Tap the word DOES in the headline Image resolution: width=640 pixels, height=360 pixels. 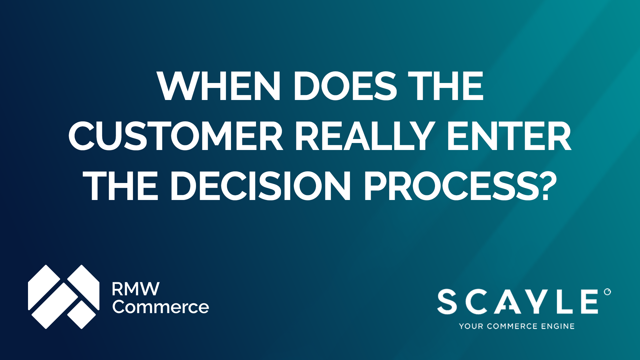pos(345,86)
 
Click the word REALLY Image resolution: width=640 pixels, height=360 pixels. pos(365,136)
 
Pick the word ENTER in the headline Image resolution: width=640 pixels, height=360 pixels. pos(509,136)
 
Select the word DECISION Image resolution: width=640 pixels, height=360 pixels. pos(260,186)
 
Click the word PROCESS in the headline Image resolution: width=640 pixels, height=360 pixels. pos(450,186)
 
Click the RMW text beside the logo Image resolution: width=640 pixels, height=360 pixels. pos(136,289)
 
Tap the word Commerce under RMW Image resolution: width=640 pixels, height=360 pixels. pos(161,307)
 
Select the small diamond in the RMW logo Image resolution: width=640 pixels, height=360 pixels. pos(82,314)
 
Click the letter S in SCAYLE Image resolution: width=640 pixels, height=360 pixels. pos(447,302)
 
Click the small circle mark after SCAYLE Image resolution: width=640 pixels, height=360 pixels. pos(607,292)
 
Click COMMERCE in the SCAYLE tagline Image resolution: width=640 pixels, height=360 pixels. pos(512,326)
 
